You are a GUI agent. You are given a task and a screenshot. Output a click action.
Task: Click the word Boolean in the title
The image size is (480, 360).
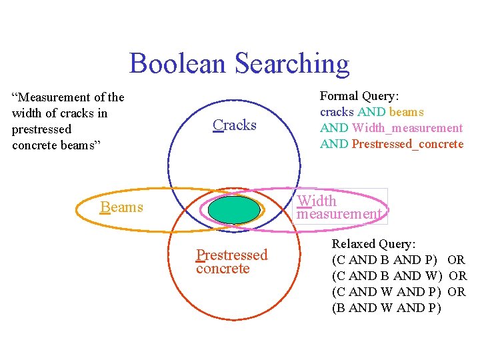[177, 63]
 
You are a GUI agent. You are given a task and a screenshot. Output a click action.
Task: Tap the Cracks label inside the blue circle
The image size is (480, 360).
[235, 125]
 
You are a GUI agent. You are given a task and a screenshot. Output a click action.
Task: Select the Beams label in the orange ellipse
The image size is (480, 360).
[122, 207]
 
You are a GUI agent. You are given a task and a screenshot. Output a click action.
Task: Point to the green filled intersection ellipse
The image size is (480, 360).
[234, 209]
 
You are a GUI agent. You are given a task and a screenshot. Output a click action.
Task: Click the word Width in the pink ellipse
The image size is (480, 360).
[317, 201]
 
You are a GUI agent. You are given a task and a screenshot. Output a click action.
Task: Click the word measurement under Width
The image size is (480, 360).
[339, 214]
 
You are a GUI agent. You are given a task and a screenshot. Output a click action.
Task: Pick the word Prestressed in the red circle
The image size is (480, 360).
[231, 255]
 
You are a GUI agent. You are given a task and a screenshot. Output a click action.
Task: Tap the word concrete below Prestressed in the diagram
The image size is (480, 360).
[223, 269]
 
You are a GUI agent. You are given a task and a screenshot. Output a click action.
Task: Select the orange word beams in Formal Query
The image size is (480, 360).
[406, 112]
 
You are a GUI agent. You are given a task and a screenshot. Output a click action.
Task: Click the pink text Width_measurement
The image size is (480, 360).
[407, 128]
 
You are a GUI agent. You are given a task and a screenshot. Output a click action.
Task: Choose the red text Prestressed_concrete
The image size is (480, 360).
[407, 144]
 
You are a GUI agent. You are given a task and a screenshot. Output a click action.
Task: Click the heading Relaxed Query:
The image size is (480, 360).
[373, 244]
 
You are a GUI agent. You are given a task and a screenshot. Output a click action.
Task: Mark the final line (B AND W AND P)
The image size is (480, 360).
[387, 308]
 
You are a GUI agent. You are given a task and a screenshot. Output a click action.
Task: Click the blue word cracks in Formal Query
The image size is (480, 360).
[337, 112]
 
